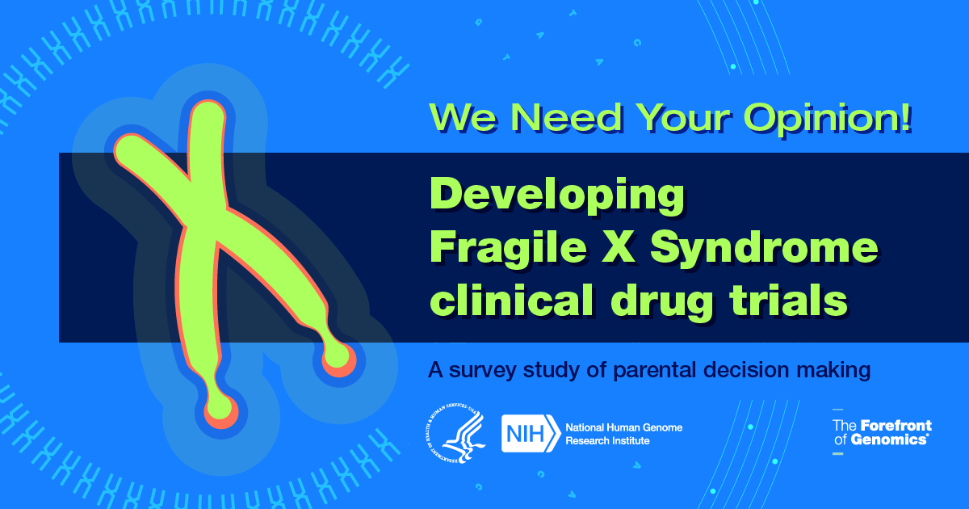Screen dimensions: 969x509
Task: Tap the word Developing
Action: click(557, 196)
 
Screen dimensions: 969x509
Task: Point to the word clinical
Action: click(511, 300)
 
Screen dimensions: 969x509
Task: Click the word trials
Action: click(788, 300)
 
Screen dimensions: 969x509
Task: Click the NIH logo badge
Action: click(531, 434)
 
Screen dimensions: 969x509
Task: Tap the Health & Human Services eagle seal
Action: click(455, 433)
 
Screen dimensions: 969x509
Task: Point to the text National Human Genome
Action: click(623, 427)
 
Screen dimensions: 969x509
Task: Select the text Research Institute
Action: click(607, 440)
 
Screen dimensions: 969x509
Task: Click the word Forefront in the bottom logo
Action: click(896, 426)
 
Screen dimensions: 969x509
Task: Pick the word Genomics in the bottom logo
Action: click(888, 440)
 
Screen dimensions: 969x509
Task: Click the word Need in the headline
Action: click(566, 118)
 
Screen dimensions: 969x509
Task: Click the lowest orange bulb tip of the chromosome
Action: click(221, 412)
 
